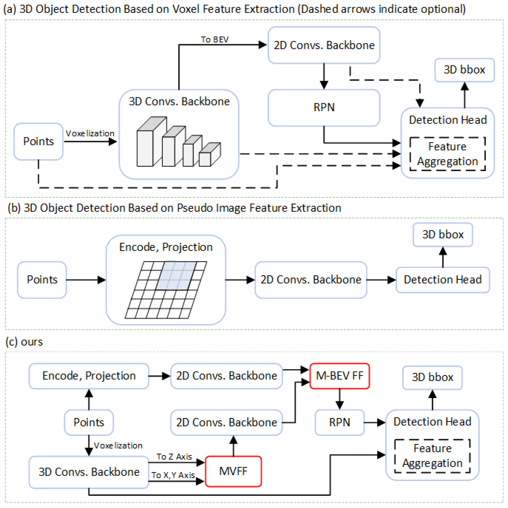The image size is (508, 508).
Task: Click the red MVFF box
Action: pos(233,471)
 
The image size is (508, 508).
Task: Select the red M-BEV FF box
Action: pos(340,376)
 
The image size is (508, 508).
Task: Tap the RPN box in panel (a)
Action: pos(324,107)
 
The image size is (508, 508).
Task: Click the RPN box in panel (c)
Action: pos(340,422)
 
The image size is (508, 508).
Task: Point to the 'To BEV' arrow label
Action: pos(215,39)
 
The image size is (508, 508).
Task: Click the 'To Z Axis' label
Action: pos(174,457)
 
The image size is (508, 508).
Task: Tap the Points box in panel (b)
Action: pos(42,279)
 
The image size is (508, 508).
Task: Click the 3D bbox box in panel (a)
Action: pos(464,70)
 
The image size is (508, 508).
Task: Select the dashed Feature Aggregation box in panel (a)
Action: pos(447,154)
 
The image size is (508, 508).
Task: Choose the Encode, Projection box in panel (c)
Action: pos(89,376)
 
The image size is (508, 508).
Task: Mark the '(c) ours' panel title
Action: pos(24,342)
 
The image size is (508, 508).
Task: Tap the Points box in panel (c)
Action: pos(89,422)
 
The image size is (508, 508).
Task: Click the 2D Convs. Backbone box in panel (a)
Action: pos(324,45)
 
